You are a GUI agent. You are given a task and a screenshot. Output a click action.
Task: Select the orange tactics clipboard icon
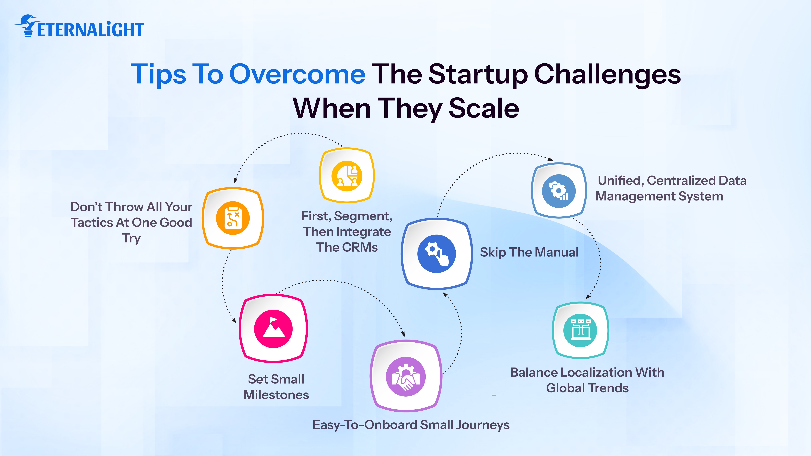click(x=233, y=218)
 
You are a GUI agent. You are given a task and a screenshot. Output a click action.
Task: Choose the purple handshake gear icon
click(x=405, y=376)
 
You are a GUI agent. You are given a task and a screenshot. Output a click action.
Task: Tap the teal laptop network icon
click(x=580, y=330)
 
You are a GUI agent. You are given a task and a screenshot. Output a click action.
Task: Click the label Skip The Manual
click(x=529, y=252)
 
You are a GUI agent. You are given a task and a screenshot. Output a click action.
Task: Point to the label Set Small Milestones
click(x=276, y=387)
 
